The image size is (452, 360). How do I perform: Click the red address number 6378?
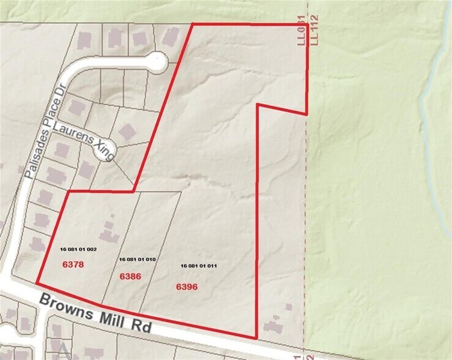(x=73, y=264)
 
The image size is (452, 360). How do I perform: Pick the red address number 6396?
(x=187, y=286)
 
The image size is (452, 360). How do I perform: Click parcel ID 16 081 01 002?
(x=78, y=250)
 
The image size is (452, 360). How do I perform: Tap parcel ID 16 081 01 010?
(x=138, y=260)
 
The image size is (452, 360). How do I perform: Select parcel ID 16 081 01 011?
(x=199, y=266)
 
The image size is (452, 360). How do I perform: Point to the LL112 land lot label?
(x=314, y=30)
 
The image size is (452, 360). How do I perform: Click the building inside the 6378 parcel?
(x=109, y=232)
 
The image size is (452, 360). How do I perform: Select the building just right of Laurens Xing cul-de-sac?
(x=127, y=132)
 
